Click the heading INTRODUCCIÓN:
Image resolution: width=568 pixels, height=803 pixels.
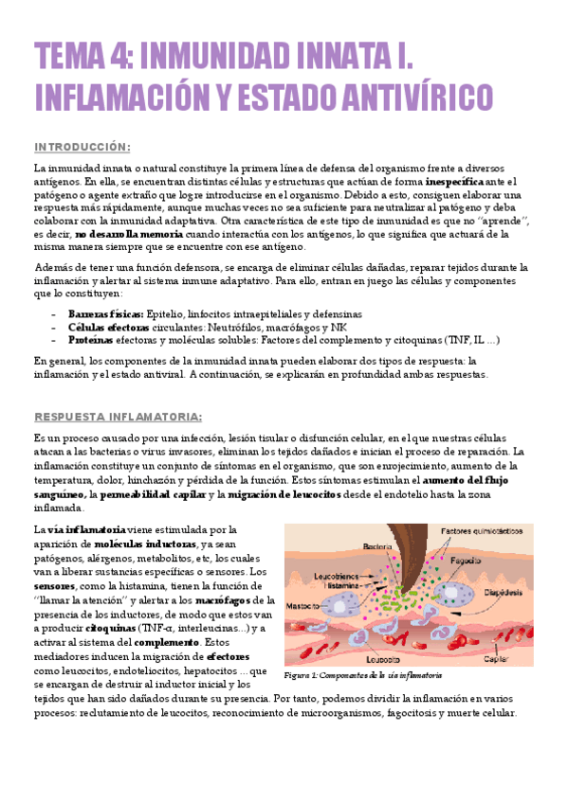82,146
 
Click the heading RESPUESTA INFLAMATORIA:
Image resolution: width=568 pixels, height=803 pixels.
118,417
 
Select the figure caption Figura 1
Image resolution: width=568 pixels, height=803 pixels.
363,675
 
